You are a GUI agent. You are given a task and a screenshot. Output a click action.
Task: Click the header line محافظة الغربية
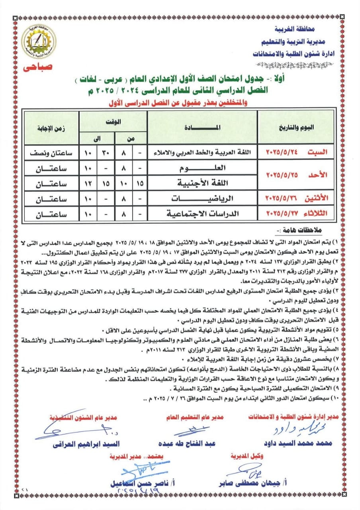294,29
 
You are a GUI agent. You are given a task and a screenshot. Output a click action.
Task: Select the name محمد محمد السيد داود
295,443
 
